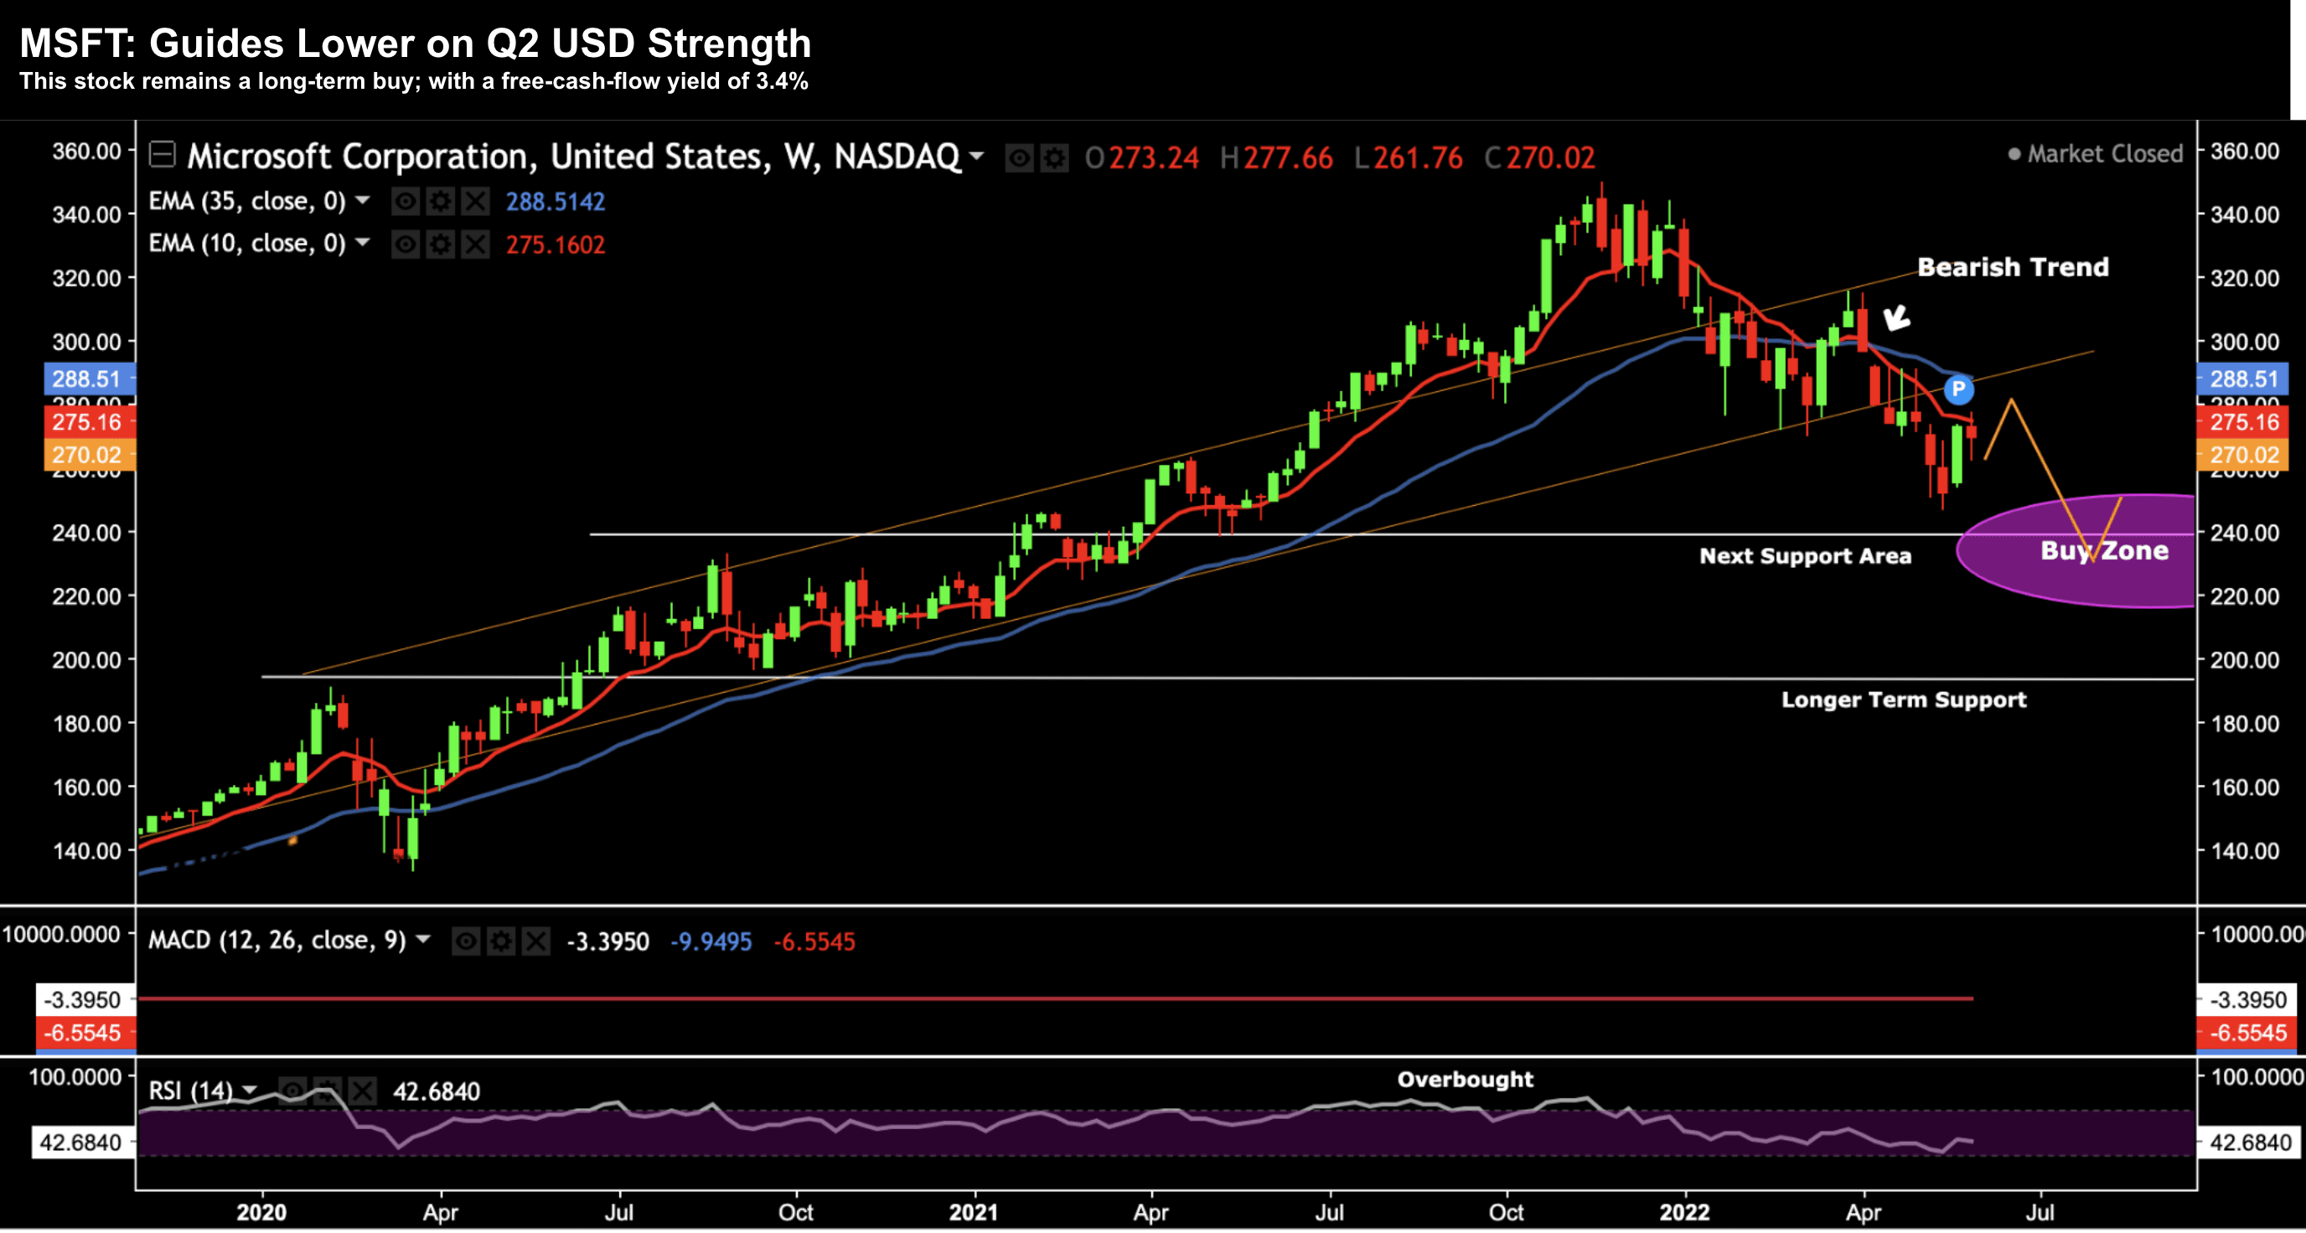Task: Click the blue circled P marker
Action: coord(1957,390)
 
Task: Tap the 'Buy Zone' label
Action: coord(2104,550)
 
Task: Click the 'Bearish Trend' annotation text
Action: coord(2013,266)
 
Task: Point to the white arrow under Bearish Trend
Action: coord(1895,317)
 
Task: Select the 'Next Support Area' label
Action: coord(1805,555)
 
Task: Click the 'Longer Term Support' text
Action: coord(1903,699)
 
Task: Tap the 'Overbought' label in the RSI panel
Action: coord(1465,1079)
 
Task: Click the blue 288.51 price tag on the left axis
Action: coord(86,379)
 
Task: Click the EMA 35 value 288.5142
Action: coord(555,201)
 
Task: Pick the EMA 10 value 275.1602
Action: coord(555,245)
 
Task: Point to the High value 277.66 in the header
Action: coord(1287,158)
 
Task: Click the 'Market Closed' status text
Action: coord(2104,154)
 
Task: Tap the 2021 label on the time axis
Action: coord(973,1212)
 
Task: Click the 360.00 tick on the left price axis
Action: coord(86,152)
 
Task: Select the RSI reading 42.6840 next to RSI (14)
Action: coord(436,1091)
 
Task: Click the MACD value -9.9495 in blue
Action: coord(711,942)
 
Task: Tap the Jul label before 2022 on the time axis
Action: coord(1328,1212)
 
